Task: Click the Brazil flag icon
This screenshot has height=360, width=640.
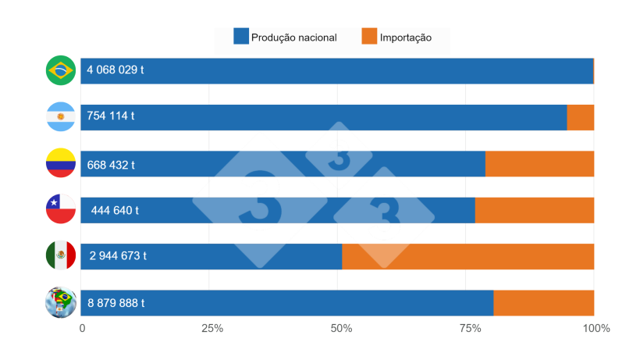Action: [60, 70]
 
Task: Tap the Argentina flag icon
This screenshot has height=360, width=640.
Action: [60, 117]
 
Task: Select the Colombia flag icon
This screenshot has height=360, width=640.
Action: [60, 163]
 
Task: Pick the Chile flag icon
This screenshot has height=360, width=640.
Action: [60, 209]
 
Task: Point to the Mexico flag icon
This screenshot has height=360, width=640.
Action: [60, 255]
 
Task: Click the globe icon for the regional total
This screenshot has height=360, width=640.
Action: [60, 303]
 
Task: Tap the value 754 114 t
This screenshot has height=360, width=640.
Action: [111, 116]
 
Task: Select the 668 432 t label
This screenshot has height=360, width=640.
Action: [111, 164]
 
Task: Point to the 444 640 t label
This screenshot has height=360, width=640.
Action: [115, 210]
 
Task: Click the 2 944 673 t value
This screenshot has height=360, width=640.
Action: [118, 256]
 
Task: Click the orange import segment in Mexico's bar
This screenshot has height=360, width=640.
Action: [468, 256]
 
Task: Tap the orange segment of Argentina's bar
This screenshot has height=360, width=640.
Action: [580, 117]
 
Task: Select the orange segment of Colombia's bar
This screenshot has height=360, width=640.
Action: [539, 164]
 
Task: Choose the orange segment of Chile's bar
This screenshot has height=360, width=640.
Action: [534, 210]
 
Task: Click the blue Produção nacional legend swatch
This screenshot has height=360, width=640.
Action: [241, 37]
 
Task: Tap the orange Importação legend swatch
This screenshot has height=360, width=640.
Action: [369, 37]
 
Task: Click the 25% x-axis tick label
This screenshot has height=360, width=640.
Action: [211, 329]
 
